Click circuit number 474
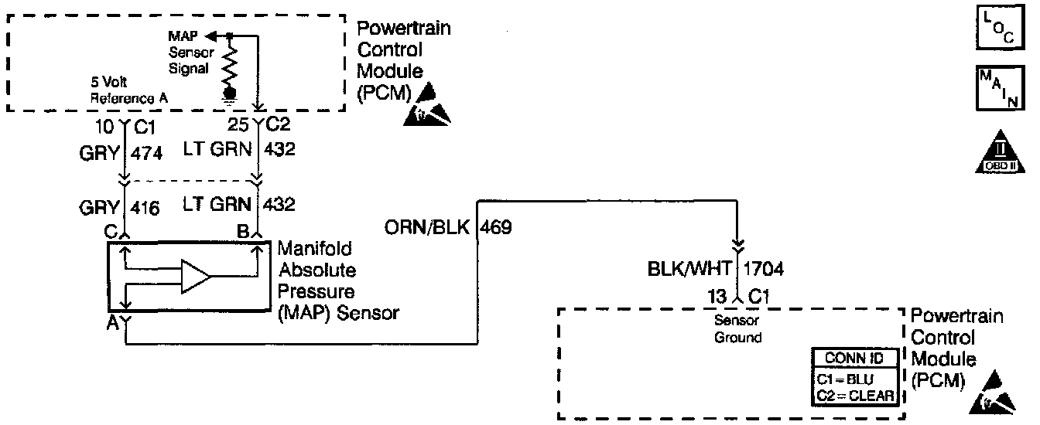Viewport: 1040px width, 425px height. click(x=147, y=153)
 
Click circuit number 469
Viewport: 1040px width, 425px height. click(x=495, y=228)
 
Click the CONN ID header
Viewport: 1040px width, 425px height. click(x=854, y=359)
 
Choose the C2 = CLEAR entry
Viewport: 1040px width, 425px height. click(x=854, y=396)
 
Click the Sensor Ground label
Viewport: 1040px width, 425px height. click(x=739, y=328)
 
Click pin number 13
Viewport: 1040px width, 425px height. click(x=716, y=295)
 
